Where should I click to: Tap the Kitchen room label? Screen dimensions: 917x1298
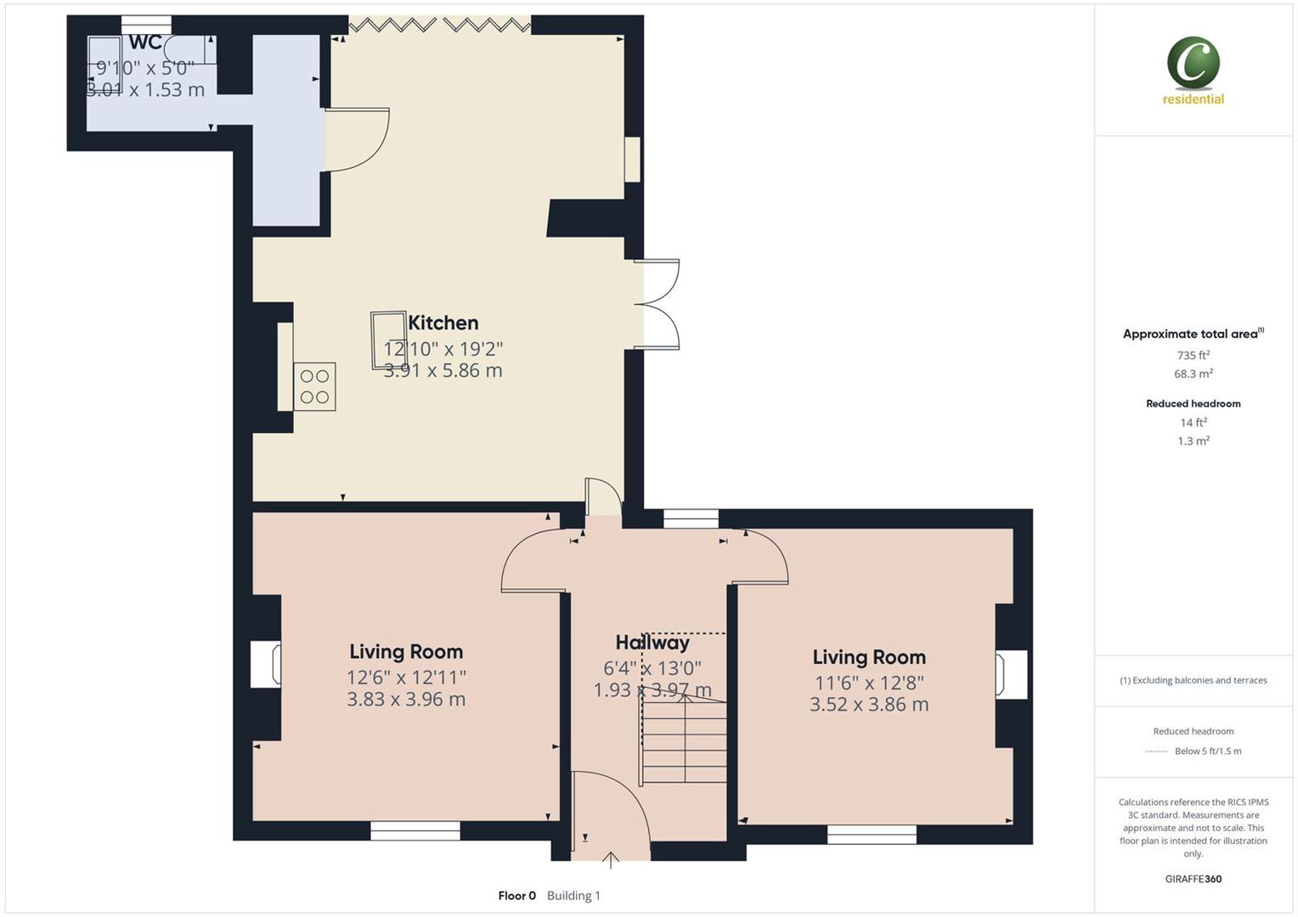443,323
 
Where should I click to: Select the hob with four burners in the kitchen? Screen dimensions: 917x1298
314,386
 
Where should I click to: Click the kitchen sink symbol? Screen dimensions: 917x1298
387,340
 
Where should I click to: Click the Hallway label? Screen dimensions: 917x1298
652,643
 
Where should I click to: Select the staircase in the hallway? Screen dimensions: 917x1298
684,739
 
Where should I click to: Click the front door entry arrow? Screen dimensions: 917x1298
610,859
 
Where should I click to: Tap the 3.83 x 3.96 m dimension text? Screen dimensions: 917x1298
406,699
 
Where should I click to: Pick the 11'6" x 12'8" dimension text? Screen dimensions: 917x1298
868,682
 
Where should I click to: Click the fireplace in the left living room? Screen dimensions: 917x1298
266,663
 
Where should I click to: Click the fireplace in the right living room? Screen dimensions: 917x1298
1011,674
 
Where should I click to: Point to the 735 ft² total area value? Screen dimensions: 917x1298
1193,355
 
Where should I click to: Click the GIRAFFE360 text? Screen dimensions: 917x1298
1193,879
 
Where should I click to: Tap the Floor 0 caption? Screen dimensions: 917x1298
516,895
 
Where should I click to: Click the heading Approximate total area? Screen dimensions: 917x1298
1191,334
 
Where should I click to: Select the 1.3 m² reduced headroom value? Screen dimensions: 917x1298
1193,441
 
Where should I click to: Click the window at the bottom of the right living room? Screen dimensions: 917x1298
872,834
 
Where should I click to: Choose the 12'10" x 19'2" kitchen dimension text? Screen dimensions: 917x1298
443,348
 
